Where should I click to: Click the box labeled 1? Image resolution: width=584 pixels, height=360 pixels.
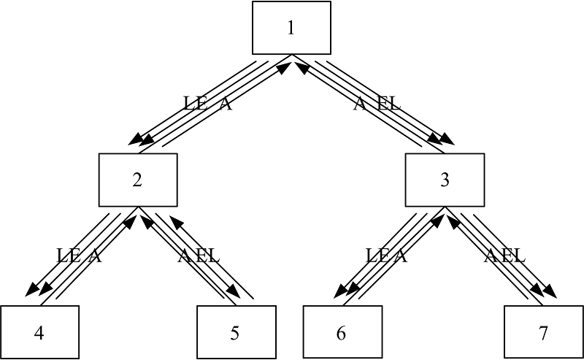(x=291, y=28)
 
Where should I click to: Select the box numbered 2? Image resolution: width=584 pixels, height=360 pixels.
(x=137, y=180)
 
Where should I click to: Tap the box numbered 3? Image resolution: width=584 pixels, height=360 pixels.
(x=445, y=180)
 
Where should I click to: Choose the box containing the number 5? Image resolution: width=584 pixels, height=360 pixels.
(x=235, y=332)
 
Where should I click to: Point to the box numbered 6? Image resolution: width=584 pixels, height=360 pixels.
(x=342, y=332)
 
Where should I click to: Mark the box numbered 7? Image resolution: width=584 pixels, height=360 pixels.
(x=542, y=332)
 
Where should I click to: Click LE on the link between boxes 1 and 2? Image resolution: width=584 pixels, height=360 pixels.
(x=195, y=104)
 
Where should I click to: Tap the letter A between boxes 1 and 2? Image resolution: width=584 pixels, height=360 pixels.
(x=226, y=104)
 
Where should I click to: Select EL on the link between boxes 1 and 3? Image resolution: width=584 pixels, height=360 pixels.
(x=388, y=104)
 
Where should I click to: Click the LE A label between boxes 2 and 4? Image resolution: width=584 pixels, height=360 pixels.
(x=79, y=256)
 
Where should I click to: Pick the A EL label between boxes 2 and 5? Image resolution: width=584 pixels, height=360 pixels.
(x=199, y=256)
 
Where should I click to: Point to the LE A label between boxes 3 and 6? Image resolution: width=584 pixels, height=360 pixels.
(x=385, y=256)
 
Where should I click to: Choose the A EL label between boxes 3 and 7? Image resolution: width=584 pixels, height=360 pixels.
(x=504, y=256)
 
